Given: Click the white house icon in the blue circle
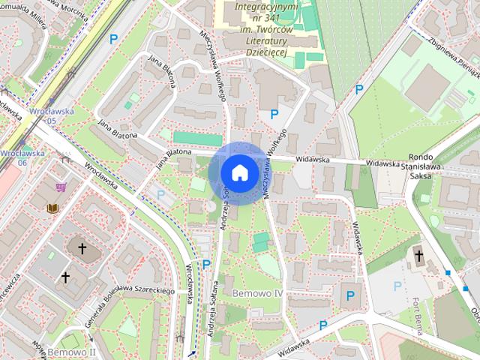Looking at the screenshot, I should pos(238,172).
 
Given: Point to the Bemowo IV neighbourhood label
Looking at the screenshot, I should pos(256,292).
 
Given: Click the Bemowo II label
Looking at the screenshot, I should pos(71,351).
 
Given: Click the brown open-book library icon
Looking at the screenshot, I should pos(52,208).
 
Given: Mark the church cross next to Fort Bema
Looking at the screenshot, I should pos(418,257).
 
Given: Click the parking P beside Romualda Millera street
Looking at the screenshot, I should pos(114,39).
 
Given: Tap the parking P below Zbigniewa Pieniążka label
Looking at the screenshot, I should pos(359,89).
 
